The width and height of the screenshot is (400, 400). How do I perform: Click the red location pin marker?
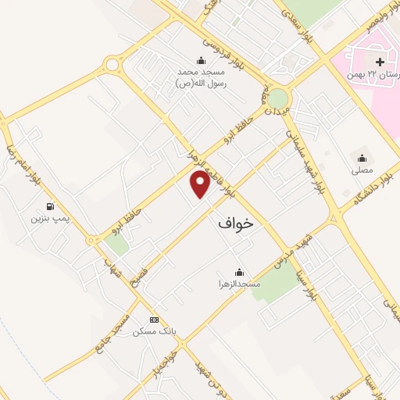[x=201, y=184]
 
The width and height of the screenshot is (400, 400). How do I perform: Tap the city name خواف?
[x=235, y=223]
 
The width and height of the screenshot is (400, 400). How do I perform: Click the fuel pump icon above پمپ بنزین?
[x=51, y=207]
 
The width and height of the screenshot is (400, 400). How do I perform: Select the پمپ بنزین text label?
[x=51, y=219]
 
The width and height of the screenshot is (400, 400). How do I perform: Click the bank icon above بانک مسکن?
[x=154, y=320]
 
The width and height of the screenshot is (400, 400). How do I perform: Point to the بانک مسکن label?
[x=154, y=331]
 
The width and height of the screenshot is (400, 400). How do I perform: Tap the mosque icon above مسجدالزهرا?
[x=238, y=272]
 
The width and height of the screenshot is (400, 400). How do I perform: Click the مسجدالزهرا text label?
[x=238, y=284]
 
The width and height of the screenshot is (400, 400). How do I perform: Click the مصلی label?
[x=362, y=169]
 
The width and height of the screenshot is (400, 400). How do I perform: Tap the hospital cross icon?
[x=380, y=62]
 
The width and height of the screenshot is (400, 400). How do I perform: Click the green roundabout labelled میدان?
[x=277, y=98]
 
